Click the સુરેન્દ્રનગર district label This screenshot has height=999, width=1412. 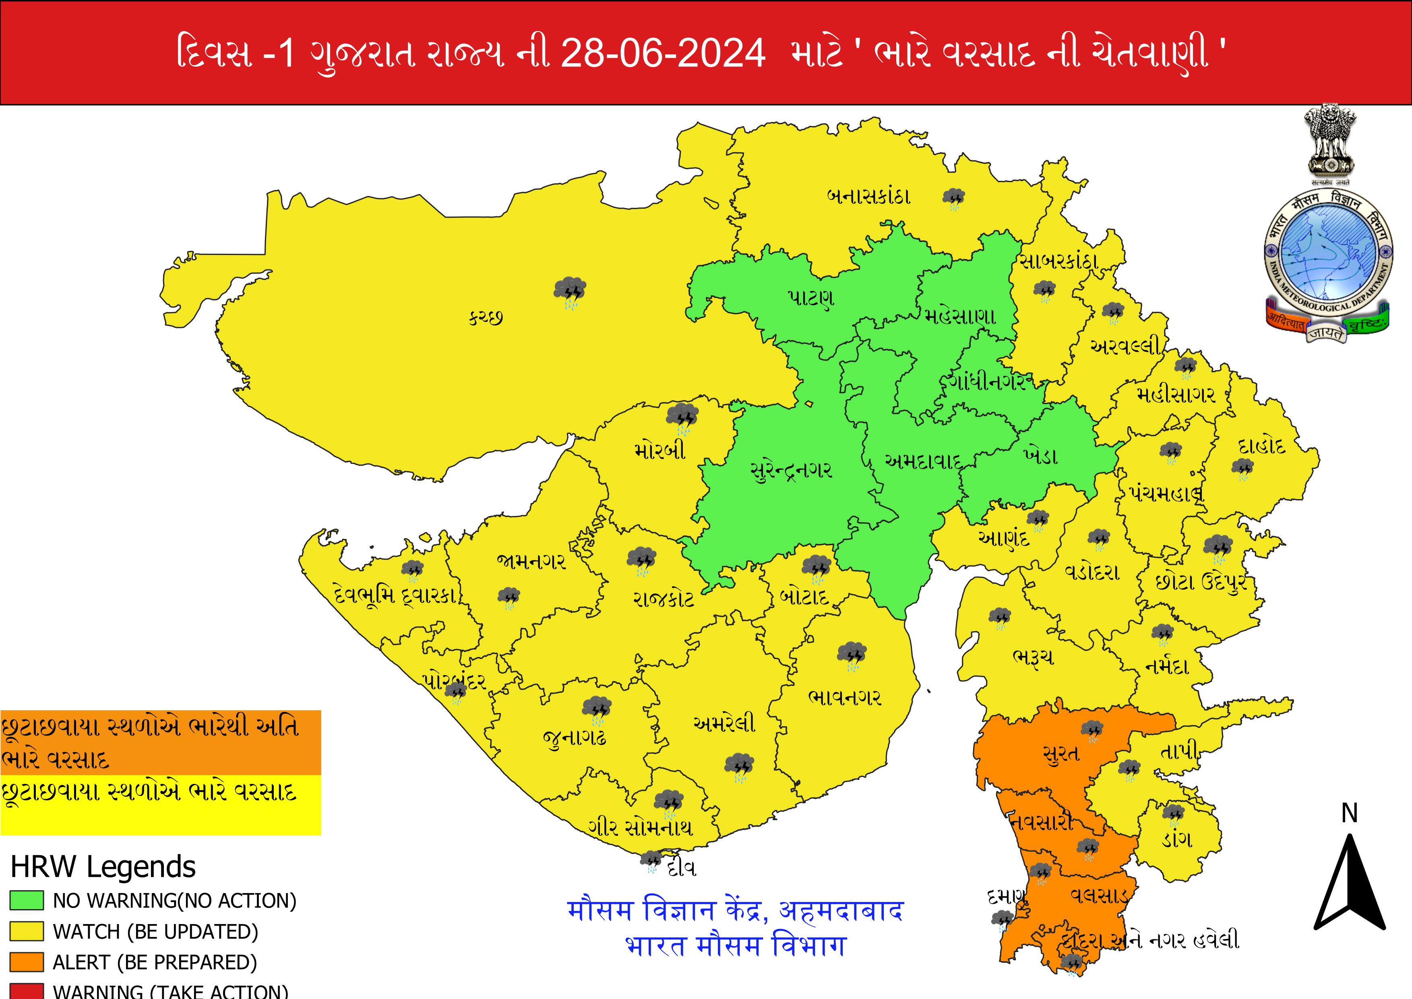coord(792,470)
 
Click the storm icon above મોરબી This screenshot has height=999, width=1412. coord(682,417)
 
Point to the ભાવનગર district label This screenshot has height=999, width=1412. coord(844,697)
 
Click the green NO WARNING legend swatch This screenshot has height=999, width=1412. coord(27,901)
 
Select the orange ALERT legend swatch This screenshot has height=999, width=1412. coord(27,962)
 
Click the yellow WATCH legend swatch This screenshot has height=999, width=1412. coord(27,931)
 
